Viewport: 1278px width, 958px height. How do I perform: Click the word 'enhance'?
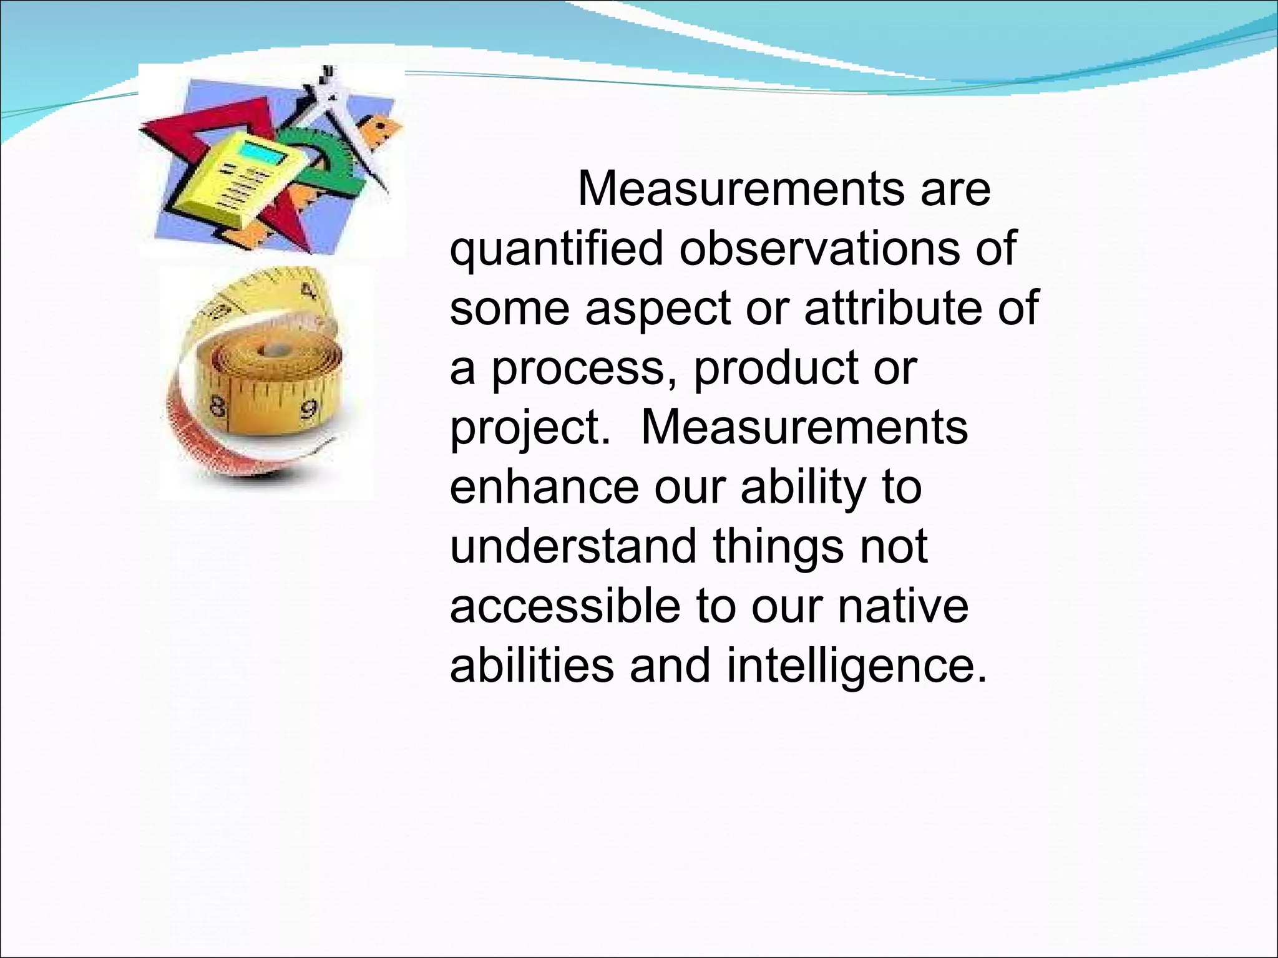tap(544, 488)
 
